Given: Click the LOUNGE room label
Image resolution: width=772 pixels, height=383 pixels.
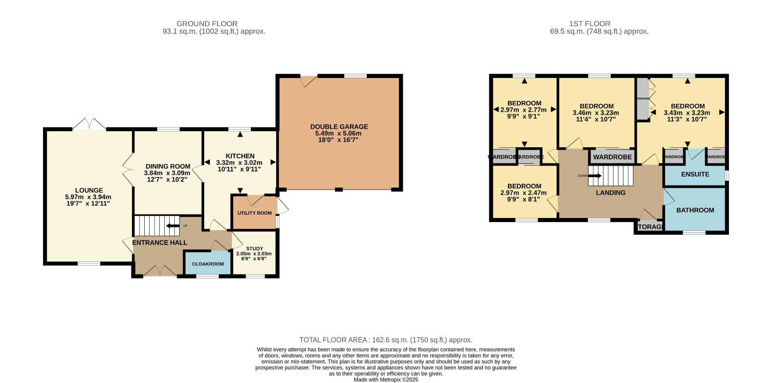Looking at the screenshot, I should click(x=89, y=190).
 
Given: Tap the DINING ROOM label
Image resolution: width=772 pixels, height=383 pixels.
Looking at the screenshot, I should click(x=168, y=167).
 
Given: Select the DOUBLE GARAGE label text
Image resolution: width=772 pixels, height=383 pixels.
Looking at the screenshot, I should click(x=339, y=127).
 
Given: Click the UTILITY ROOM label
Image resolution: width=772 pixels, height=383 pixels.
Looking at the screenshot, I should click(x=255, y=213).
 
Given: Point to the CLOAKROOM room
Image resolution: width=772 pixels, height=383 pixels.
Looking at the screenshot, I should click(x=207, y=264).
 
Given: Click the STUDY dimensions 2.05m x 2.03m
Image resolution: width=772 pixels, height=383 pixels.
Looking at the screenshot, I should click(x=254, y=254).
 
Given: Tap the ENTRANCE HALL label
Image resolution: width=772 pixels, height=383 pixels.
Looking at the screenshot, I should click(x=160, y=243).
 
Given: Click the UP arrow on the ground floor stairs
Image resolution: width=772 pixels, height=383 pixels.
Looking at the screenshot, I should click(x=173, y=226).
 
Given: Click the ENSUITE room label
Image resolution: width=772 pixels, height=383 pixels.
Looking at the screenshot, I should click(x=695, y=174).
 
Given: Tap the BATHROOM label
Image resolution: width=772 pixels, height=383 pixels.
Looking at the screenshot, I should click(x=695, y=210).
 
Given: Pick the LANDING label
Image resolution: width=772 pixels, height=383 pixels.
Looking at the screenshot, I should click(x=610, y=193).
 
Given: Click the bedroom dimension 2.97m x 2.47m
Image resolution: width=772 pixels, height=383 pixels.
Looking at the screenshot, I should click(x=524, y=193).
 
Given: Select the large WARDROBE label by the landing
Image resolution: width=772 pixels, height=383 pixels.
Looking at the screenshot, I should click(x=612, y=157).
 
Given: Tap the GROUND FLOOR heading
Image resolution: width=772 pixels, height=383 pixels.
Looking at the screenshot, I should click(x=207, y=24).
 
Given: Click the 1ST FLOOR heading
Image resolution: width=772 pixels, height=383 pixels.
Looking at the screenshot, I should click(x=589, y=24).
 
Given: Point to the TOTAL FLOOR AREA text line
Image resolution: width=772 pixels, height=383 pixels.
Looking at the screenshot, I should click(x=386, y=340).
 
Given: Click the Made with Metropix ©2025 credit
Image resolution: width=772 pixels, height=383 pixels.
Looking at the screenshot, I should click(x=386, y=379).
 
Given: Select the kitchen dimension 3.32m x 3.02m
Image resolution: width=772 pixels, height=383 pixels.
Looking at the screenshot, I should click(x=239, y=163).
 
